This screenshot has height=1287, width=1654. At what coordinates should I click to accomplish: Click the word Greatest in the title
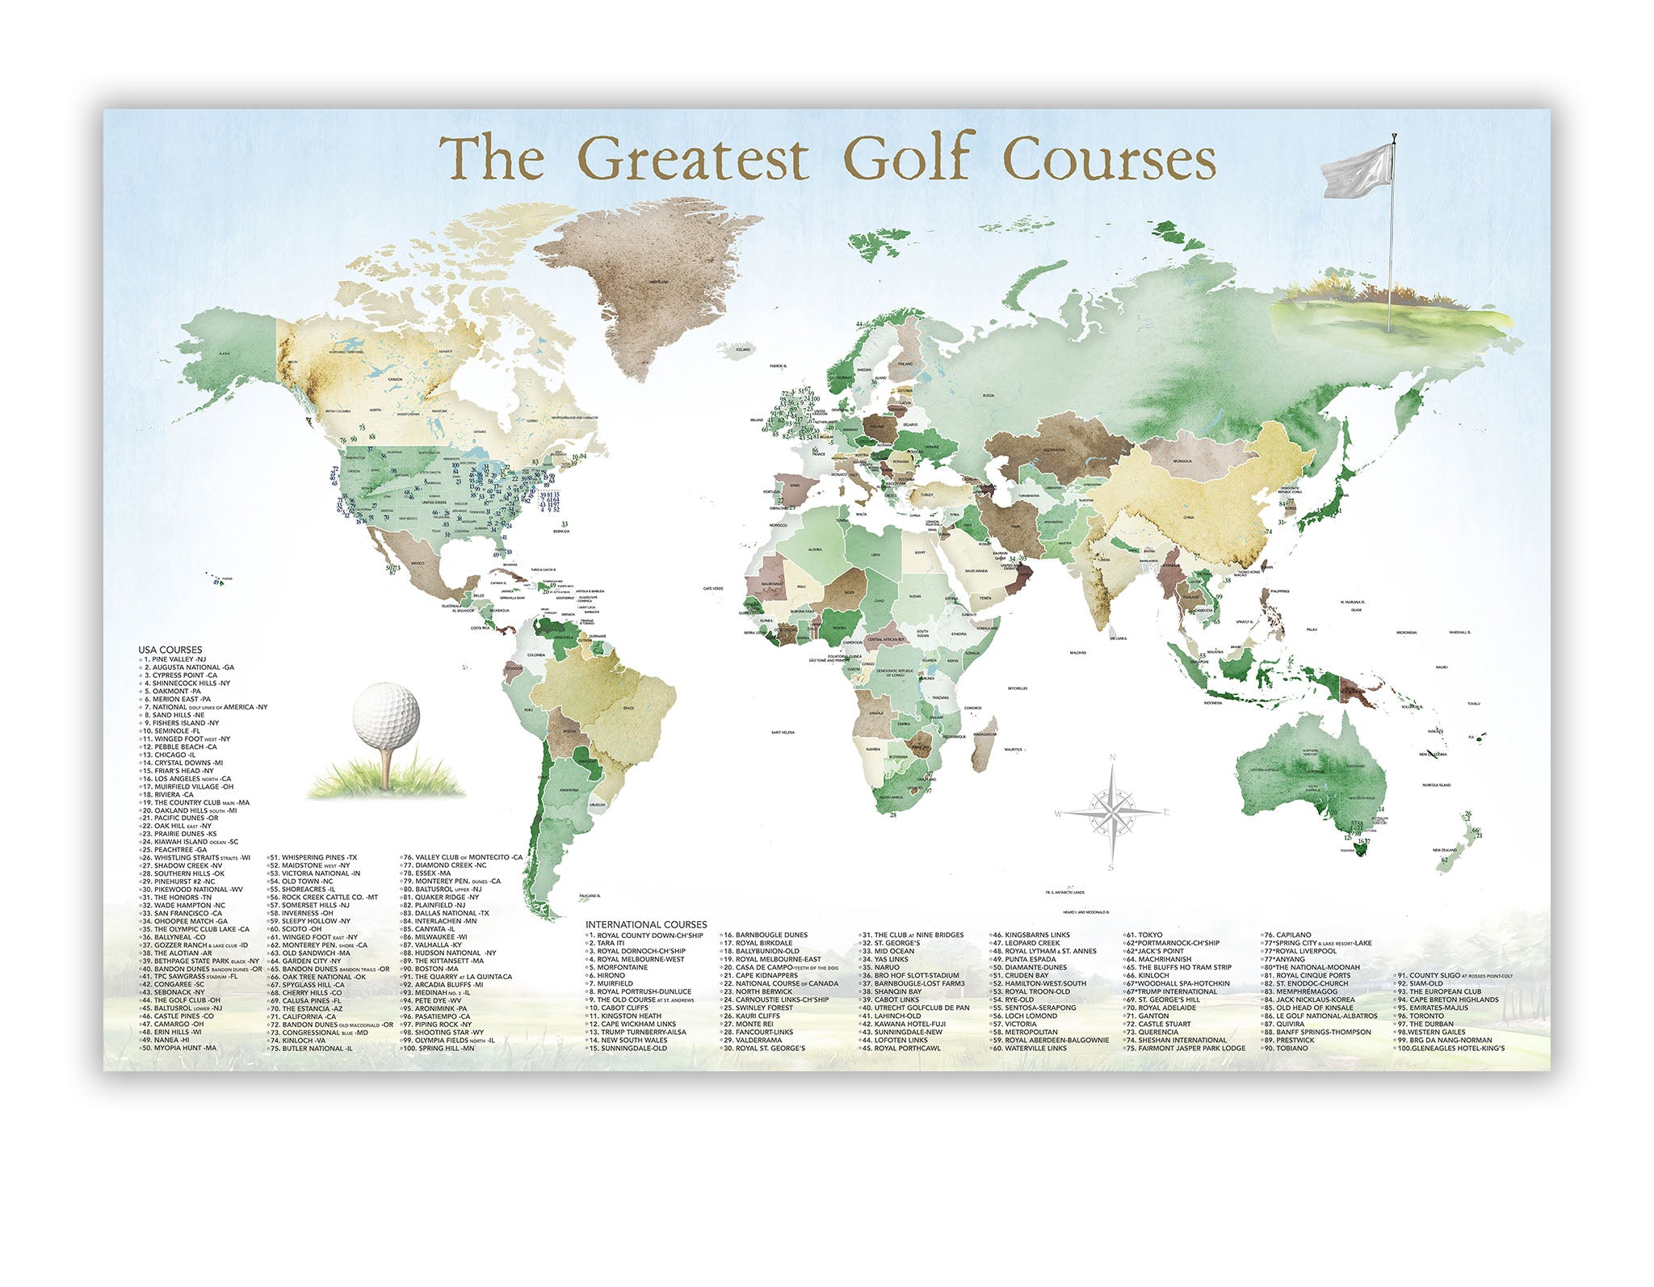[x=694, y=160]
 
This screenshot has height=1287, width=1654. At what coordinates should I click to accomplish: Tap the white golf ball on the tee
[x=386, y=714]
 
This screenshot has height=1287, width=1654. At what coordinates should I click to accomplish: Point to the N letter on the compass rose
[x=1112, y=757]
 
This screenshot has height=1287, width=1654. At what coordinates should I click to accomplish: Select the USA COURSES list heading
[x=170, y=650]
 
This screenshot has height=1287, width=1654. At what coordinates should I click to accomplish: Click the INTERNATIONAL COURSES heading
[x=646, y=924]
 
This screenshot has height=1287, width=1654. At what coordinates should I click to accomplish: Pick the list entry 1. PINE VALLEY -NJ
[x=174, y=659]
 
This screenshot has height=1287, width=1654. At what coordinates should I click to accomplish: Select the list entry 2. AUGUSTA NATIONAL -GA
[x=188, y=667]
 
